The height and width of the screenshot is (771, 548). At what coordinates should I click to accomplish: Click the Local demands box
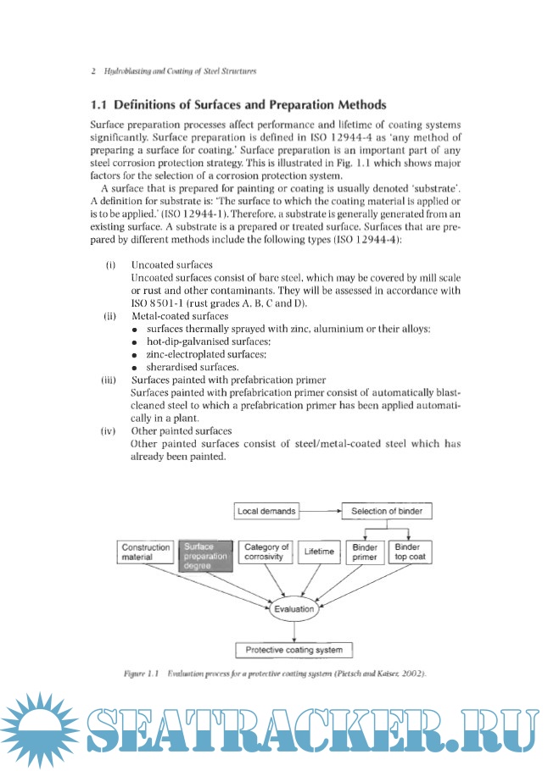(x=266, y=512)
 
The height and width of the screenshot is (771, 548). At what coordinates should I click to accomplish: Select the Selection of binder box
(x=387, y=512)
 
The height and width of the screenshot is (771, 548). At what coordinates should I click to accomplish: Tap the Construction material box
(x=146, y=552)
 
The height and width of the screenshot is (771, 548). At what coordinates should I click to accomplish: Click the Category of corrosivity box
(x=266, y=552)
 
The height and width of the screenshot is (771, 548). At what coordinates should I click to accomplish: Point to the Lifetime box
(x=319, y=552)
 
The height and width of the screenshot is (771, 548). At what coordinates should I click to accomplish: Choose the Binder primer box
(x=365, y=552)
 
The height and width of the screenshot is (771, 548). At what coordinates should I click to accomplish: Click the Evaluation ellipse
(x=294, y=608)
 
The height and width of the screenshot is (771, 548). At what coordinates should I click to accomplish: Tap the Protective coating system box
(x=294, y=650)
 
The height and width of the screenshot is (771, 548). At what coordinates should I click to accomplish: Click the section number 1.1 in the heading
(x=100, y=105)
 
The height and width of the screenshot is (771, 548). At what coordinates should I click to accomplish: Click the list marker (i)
(x=110, y=266)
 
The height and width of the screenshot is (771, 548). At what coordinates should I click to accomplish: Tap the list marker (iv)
(x=109, y=431)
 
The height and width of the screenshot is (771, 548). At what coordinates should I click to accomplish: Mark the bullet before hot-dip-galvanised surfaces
(x=135, y=341)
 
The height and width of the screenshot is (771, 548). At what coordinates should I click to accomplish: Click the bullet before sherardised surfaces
(x=135, y=368)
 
